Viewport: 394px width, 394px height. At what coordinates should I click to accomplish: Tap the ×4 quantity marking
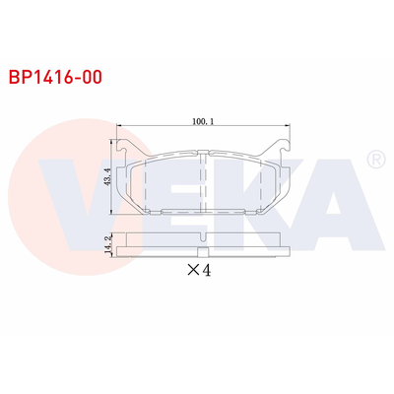click(x=199, y=271)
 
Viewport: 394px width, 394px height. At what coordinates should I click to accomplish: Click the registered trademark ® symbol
click(x=374, y=159)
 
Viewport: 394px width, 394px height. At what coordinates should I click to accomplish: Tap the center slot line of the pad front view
click(x=202, y=182)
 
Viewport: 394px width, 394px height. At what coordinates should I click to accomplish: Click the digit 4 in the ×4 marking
click(x=207, y=271)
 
